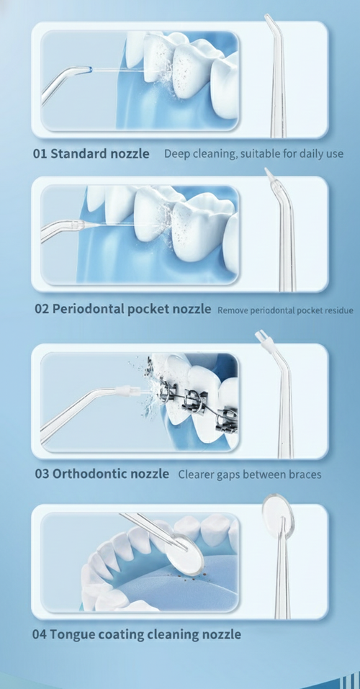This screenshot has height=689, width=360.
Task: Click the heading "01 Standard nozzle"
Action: (x=91, y=153)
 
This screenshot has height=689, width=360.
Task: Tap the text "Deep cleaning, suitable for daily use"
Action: (x=253, y=154)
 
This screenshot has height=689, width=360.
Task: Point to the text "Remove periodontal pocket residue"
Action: (x=285, y=310)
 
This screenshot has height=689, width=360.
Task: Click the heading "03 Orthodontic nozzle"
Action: (x=102, y=474)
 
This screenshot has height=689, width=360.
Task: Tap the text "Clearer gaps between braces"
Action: (x=249, y=474)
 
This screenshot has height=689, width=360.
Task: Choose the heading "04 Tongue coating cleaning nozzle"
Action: (x=137, y=634)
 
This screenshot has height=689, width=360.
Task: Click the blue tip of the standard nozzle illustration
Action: (x=88, y=70)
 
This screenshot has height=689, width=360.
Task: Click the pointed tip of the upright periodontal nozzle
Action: (x=267, y=173)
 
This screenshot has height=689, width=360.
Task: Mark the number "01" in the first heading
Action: (x=40, y=153)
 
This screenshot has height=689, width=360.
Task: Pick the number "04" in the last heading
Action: (x=40, y=634)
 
